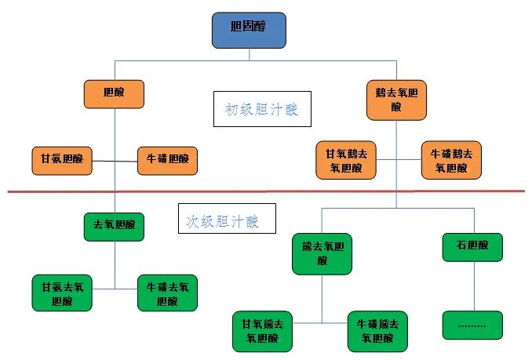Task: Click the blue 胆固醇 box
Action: point(249,30)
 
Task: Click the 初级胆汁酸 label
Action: point(262,109)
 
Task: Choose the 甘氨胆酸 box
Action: point(61,160)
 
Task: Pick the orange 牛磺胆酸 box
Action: point(168,160)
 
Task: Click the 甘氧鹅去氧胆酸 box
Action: point(345,160)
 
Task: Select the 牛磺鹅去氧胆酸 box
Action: point(451,160)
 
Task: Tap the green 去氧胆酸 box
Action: point(115,226)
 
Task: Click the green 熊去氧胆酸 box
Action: point(322,253)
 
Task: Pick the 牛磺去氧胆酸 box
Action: point(168,292)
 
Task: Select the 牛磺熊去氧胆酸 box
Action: point(377,330)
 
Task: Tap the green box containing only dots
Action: point(472,323)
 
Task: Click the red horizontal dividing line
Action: point(267,191)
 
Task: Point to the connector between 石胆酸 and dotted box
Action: point(473,285)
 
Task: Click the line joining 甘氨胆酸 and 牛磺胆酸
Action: point(115,160)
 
